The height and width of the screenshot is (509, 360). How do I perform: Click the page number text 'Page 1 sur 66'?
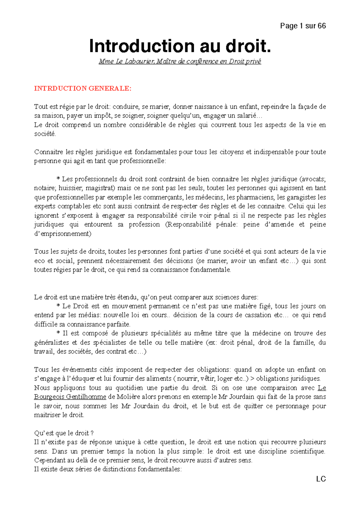click(303, 26)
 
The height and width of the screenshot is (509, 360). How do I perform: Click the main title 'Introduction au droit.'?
click(180, 46)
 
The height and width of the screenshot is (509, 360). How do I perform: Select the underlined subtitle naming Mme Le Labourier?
click(180, 61)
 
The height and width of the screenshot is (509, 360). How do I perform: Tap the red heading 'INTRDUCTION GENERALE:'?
click(82, 88)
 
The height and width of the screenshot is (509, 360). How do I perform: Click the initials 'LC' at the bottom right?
click(321, 479)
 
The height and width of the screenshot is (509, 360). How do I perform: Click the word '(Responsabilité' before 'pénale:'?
click(188, 224)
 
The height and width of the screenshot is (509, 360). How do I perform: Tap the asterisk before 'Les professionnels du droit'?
click(58, 179)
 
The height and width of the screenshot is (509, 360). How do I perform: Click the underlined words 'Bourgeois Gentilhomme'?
click(70, 397)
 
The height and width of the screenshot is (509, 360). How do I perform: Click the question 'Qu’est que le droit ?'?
click(64, 433)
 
